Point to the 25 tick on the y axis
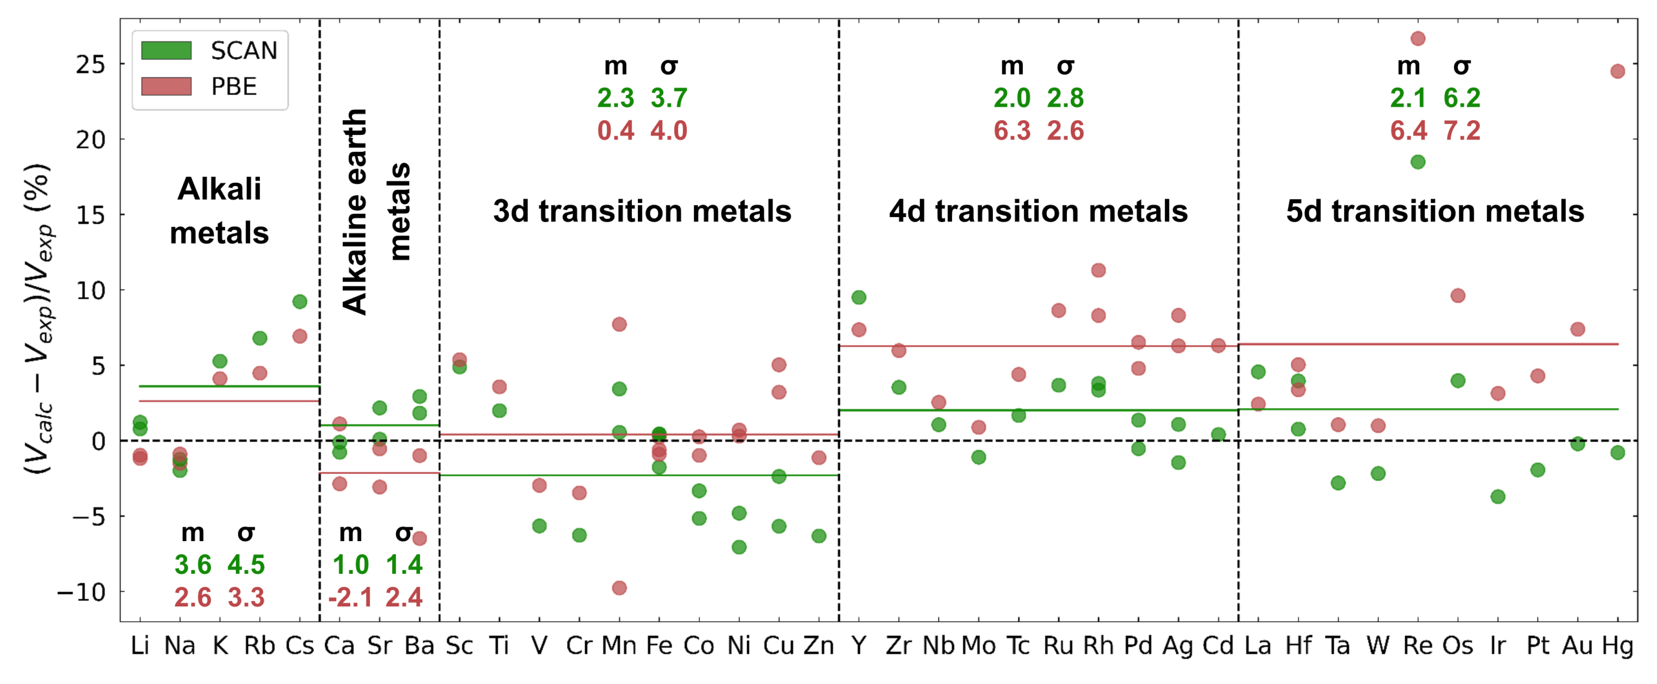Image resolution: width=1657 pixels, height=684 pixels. pyautogui.click(x=90, y=65)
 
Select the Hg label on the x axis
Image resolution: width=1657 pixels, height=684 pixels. pyautogui.click(x=1617, y=645)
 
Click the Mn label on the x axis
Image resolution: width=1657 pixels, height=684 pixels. pyautogui.click(x=619, y=645)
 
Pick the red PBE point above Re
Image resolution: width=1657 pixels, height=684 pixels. pyautogui.click(x=1418, y=39)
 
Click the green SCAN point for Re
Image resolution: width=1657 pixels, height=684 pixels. pyautogui.click(x=1418, y=162)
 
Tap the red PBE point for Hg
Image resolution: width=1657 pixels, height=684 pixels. pyautogui.click(x=1618, y=71)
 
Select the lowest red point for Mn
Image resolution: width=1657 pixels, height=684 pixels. pyautogui.click(x=619, y=588)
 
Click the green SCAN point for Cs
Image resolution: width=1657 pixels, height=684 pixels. pyautogui.click(x=300, y=302)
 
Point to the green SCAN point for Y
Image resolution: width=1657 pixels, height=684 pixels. pyautogui.click(x=859, y=297)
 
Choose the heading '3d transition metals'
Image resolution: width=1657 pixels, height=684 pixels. pyautogui.click(x=642, y=211)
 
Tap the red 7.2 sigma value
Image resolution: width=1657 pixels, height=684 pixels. pyautogui.click(x=1462, y=131)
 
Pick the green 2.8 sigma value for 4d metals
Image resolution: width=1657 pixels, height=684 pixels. pyautogui.click(x=1065, y=98)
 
